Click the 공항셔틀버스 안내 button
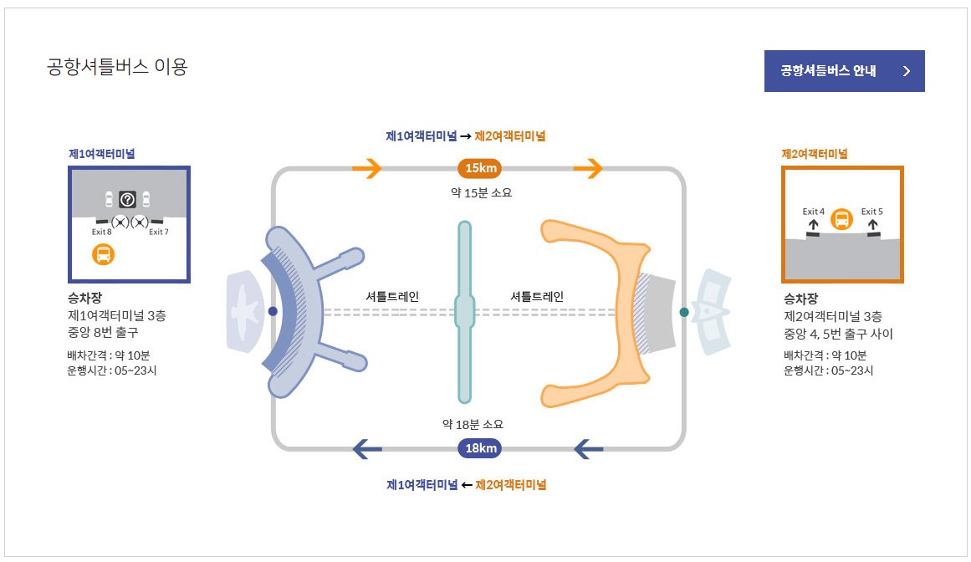pyautogui.click(x=843, y=71)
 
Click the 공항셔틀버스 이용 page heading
pyautogui.click(x=117, y=67)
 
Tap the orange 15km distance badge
pyautogui.click(x=481, y=169)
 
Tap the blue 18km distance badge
pyautogui.click(x=481, y=448)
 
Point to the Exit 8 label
pyautogui.click(x=101, y=232)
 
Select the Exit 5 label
pyautogui.click(x=872, y=212)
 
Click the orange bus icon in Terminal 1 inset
pyautogui.click(x=103, y=254)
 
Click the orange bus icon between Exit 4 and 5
pyautogui.click(x=842, y=220)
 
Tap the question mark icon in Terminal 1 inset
pyautogui.click(x=127, y=199)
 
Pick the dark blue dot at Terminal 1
pyautogui.click(x=273, y=311)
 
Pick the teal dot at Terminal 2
pyautogui.click(x=684, y=312)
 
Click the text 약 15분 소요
pyautogui.click(x=481, y=192)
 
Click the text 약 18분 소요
pyautogui.click(x=473, y=424)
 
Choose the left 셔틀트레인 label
pyautogui.click(x=392, y=296)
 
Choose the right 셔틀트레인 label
pyautogui.click(x=537, y=296)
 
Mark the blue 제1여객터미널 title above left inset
pyautogui.click(x=102, y=154)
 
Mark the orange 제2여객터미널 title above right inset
pyautogui.click(x=814, y=154)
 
